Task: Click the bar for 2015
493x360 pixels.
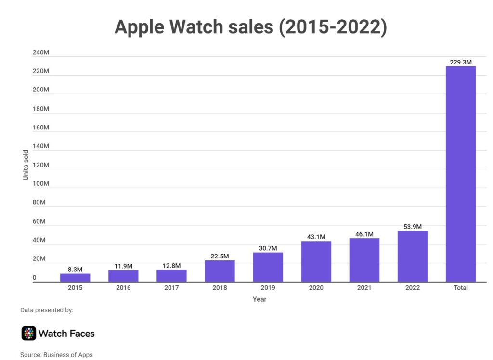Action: [x=75, y=278]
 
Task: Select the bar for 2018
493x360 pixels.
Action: [x=220, y=271]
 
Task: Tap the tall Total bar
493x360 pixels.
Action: [x=461, y=174]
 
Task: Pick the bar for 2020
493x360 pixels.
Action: [x=316, y=261]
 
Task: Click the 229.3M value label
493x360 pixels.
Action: [x=461, y=62]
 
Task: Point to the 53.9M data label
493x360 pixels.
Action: [x=413, y=227]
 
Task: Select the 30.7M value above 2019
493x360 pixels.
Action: [x=268, y=248]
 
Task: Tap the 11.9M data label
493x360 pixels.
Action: [x=123, y=266]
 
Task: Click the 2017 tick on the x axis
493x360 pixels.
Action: [x=171, y=288]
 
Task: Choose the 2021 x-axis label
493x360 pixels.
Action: [x=364, y=288]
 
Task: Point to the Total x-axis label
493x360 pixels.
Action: [x=461, y=288]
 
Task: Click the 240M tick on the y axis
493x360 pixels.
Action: [x=41, y=52]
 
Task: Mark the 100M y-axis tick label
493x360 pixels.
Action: [x=41, y=183]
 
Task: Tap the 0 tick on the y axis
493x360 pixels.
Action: [x=34, y=278]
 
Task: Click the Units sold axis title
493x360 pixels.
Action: [x=26, y=165]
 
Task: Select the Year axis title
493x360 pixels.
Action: [x=259, y=299]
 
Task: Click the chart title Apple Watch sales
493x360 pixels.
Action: [x=250, y=27]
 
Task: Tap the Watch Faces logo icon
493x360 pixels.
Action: [x=29, y=333]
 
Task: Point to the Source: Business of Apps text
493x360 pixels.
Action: [x=56, y=355]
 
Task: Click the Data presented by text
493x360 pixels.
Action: [x=47, y=310]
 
